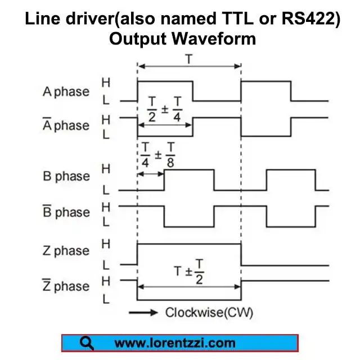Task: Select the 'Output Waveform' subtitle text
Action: pyautogui.click(x=183, y=39)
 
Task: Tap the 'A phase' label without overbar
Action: pyautogui.click(x=66, y=91)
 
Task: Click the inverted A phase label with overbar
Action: pyautogui.click(x=66, y=125)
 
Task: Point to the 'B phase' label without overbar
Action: pyautogui.click(x=66, y=177)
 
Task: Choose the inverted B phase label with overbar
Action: pyautogui.click(x=66, y=212)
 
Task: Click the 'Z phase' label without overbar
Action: pyautogui.click(x=66, y=251)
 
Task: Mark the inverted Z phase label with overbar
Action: pyautogui.click(x=66, y=286)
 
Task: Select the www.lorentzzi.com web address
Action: pyautogui.click(x=175, y=343)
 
